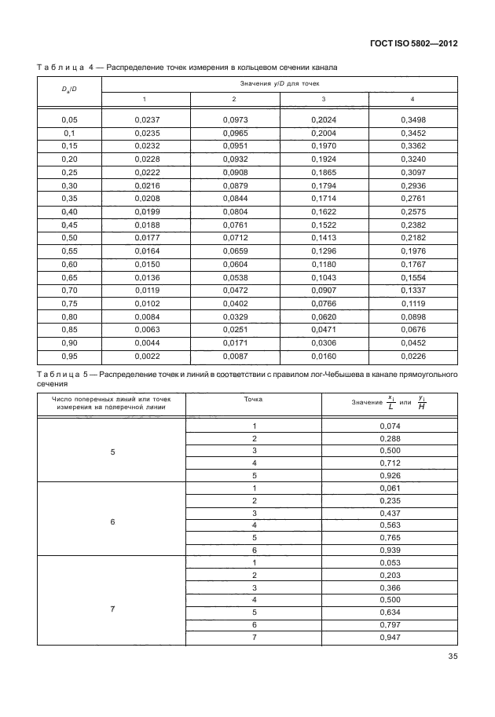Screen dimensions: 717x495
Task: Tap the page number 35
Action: (x=451, y=658)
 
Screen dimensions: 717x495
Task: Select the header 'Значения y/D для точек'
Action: (x=280, y=82)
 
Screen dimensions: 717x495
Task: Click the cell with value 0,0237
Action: (x=147, y=119)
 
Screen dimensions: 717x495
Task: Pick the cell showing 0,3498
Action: (x=413, y=119)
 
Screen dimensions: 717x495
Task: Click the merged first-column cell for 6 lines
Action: (x=112, y=521)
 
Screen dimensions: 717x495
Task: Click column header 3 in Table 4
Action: (x=324, y=98)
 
